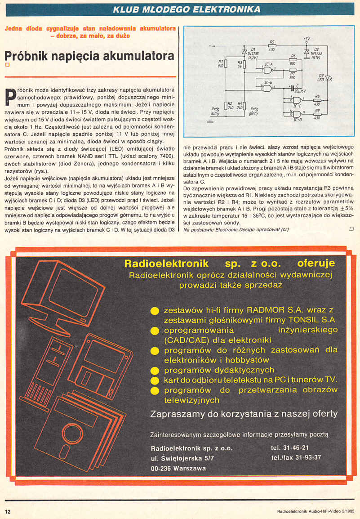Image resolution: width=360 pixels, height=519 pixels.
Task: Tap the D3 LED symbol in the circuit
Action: pyautogui.click(x=329, y=78)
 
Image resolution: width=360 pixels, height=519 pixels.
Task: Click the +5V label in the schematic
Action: pyautogui.click(x=307, y=39)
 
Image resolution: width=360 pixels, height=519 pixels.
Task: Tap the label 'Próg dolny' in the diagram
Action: pyautogui.click(x=214, y=111)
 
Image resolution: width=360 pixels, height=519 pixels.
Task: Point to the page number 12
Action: pyautogui.click(x=8, y=511)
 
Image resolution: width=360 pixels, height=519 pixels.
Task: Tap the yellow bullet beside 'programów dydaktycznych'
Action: pyautogui.click(x=155, y=371)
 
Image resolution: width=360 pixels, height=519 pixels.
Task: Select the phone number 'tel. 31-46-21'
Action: pyautogui.click(x=290, y=448)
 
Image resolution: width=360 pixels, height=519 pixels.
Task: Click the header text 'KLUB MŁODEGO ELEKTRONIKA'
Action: pyautogui.click(x=187, y=9)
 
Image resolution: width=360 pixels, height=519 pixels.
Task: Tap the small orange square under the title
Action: pyautogui.click(x=7, y=66)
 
